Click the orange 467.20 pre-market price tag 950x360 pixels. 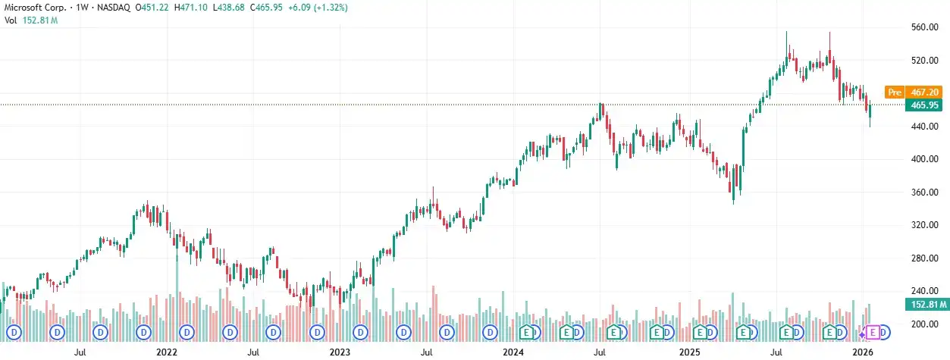pos(925,92)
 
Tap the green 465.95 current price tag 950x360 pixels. pos(925,105)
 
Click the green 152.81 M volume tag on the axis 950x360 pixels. pos(925,305)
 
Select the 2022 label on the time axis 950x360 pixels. pos(166,352)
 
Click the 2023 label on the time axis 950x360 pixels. pos(340,352)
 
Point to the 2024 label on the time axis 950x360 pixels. pos(513,352)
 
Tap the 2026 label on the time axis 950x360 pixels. pos(862,352)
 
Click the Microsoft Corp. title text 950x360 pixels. pos(33,7)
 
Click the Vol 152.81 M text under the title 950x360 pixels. pos(32,20)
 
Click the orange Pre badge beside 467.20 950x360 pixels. pos(895,92)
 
